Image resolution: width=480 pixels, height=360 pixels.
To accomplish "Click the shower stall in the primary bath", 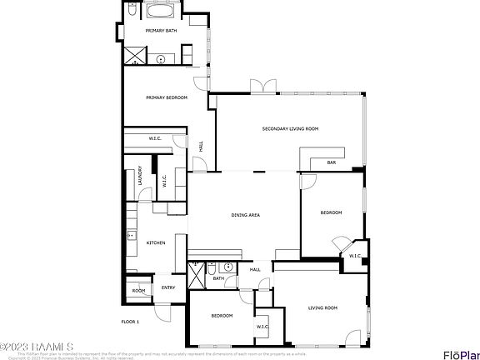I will tap(134, 56).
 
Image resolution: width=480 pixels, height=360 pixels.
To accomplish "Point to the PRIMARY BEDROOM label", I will tap(166, 97).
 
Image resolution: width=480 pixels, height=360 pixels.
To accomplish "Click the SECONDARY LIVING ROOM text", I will tap(290, 129).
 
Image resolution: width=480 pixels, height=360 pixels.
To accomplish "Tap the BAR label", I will tap(331, 162).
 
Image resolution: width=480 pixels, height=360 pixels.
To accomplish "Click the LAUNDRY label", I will tap(140, 177).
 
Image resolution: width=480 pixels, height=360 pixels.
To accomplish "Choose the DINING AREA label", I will tap(245, 215).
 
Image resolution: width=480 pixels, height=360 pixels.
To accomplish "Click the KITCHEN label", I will tap(156, 242).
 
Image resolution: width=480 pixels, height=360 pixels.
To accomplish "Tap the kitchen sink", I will tap(131, 236).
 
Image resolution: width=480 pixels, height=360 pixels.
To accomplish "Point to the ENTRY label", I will tap(167, 287).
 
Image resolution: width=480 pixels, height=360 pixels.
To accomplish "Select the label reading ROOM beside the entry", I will tap(138, 291).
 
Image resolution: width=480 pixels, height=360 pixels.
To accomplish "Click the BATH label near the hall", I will tap(217, 278).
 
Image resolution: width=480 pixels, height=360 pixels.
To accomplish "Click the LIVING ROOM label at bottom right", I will tap(322, 308).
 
